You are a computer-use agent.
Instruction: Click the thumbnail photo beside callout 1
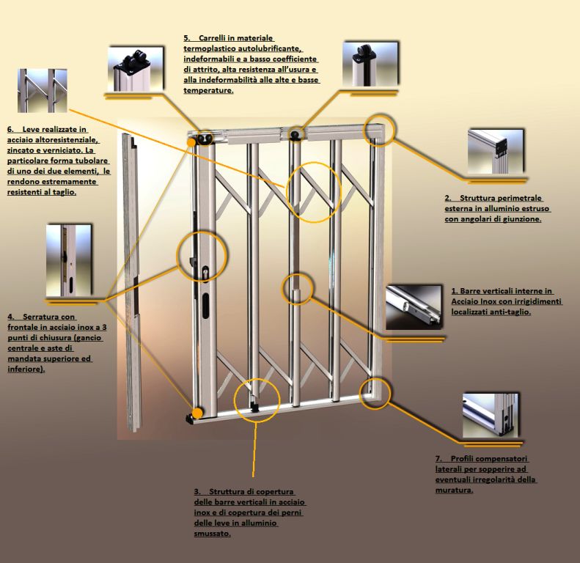414,306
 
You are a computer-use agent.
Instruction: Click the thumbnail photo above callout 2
496,151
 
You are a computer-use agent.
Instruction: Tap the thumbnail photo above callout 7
491,414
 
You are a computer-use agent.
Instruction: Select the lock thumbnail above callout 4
68,262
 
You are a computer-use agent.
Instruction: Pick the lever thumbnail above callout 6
42,91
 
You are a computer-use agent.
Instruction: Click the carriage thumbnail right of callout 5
370,64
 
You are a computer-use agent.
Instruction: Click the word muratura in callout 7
455,490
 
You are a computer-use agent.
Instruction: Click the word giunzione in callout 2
518,219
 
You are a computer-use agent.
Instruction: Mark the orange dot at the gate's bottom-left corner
197,412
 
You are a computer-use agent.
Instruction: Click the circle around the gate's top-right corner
380,128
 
